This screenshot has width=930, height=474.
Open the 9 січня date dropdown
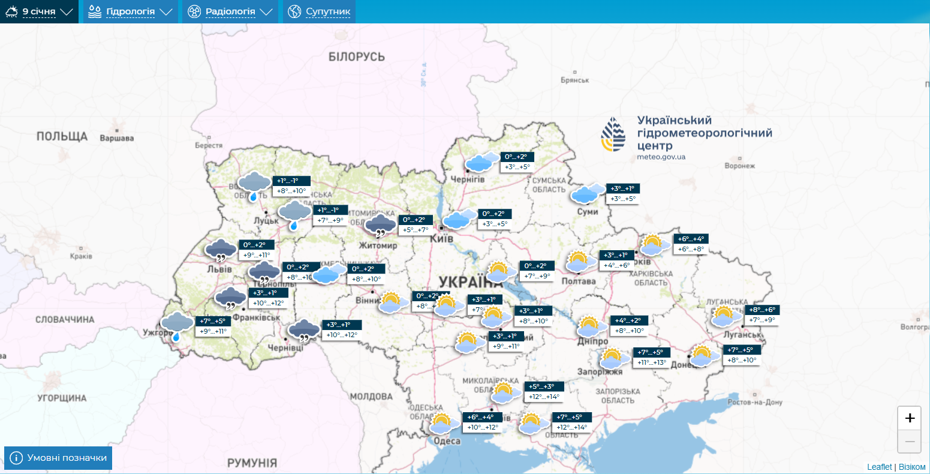(x=39, y=11)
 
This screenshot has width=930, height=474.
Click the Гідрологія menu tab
(x=130, y=11)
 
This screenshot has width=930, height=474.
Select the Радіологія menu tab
(x=230, y=11)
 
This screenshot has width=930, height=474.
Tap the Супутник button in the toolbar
(x=320, y=11)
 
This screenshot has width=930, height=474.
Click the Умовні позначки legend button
(x=58, y=458)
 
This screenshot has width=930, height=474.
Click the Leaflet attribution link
(x=879, y=467)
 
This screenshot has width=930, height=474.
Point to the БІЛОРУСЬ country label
(x=356, y=57)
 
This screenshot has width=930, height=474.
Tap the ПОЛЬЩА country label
(x=62, y=136)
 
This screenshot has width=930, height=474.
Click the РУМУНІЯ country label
(x=252, y=463)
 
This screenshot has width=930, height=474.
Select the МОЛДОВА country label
(x=371, y=397)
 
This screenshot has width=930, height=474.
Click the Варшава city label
(x=116, y=138)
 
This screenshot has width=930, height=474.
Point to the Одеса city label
(x=447, y=441)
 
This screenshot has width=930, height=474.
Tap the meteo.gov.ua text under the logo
(x=661, y=157)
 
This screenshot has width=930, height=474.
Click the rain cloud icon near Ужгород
(x=177, y=326)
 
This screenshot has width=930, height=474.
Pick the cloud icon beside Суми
(x=588, y=193)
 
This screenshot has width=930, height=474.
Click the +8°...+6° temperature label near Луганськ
(x=762, y=310)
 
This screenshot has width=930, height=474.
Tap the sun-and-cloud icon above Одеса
(x=444, y=423)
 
